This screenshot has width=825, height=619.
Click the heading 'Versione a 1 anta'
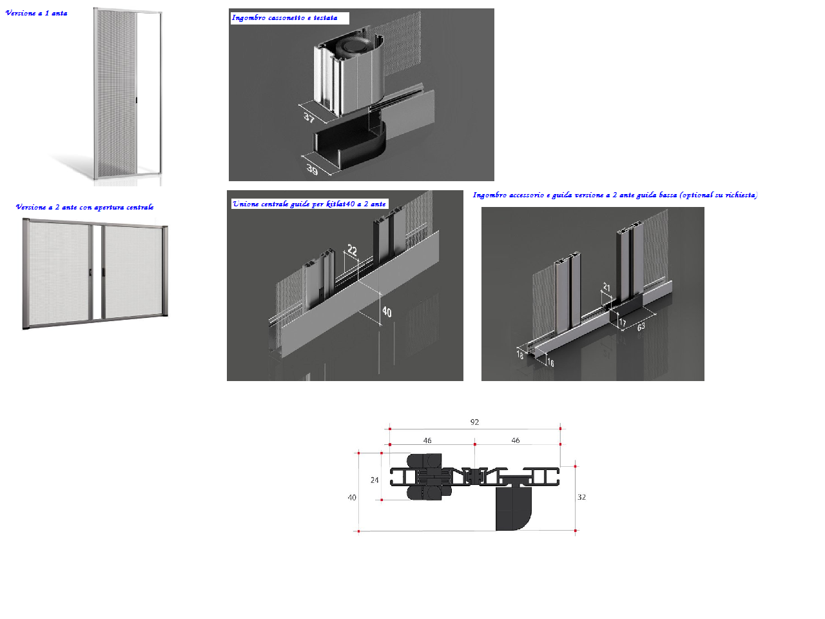coord(37,13)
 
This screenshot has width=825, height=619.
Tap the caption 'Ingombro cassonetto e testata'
coord(284,17)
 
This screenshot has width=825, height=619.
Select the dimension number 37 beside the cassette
coord(309,117)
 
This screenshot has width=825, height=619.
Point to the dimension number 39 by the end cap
coord(312,170)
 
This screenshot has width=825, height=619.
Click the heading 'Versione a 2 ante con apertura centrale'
coord(84,207)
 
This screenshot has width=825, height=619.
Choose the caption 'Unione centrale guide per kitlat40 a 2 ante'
coord(309,204)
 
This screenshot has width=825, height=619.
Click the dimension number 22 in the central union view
coord(352,250)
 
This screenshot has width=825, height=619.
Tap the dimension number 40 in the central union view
coord(387,312)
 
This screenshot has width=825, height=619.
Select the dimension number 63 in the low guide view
coord(641,327)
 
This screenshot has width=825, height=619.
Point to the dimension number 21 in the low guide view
coord(607,287)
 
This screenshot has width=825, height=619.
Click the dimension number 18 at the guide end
coord(519,355)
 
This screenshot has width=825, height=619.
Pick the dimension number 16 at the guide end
coord(550,362)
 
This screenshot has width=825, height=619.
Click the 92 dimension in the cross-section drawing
coord(474,422)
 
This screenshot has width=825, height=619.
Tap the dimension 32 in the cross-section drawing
coord(581,497)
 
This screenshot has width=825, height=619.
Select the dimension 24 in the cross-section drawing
coord(374,480)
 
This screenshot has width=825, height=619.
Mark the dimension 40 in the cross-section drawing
coord(352,498)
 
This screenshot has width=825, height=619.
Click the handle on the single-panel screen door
coord(137,100)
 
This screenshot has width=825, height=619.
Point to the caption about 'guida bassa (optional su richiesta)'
coord(615,195)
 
